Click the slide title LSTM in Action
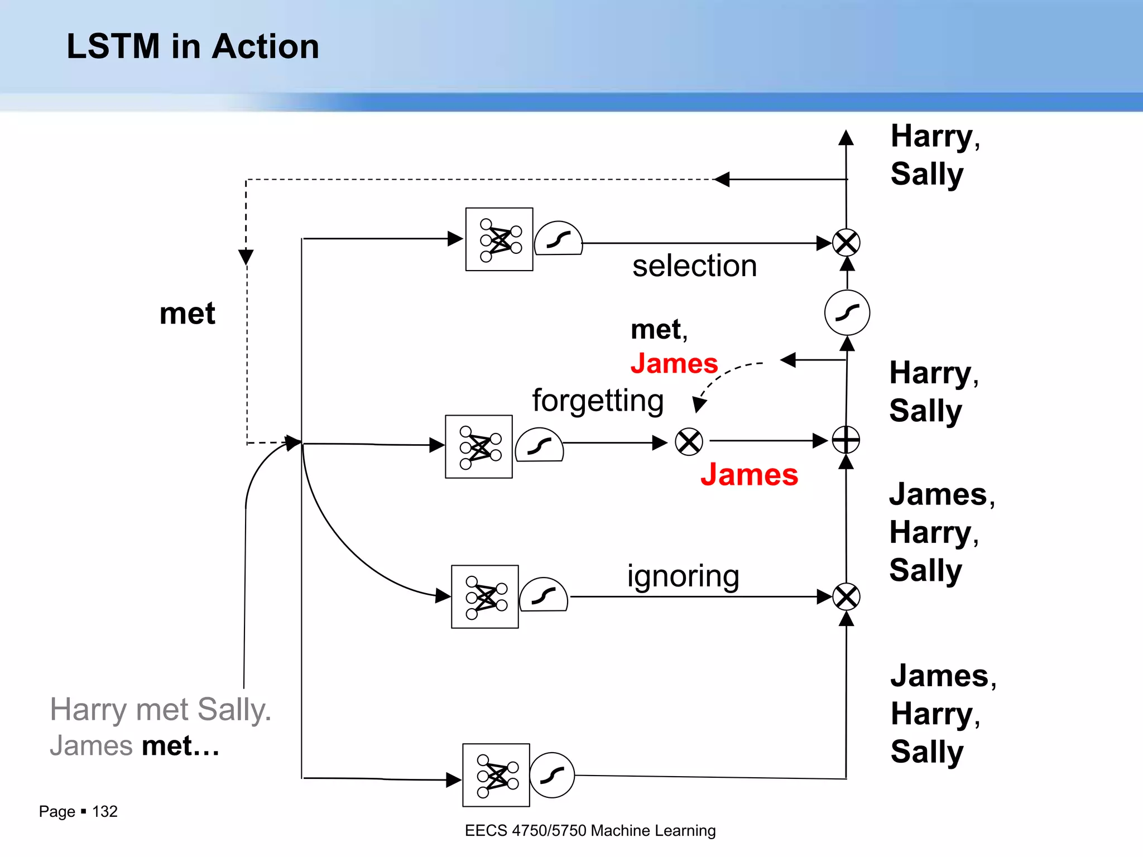pos(193,46)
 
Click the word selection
pos(694,266)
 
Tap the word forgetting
pos(598,401)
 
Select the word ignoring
pos(683,576)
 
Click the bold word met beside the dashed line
pos(187,314)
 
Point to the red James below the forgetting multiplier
pos(749,475)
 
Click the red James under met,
pos(674,364)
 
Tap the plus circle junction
pos(846,440)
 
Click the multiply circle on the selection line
pos(846,243)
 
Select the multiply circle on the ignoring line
pos(846,597)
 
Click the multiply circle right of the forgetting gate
pos(689,442)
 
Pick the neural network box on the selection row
pos(499,239)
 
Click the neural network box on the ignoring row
pos(484,597)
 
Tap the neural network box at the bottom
pos(496,775)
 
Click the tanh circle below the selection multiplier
pos(847,312)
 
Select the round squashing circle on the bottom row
pos(552,775)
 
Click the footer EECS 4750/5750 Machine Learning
pos(590,831)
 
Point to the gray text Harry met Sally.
pos(160,710)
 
